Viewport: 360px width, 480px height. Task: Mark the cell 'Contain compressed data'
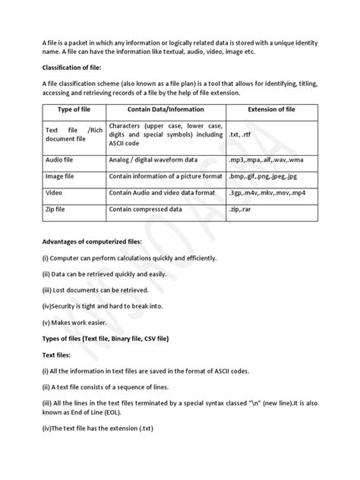click(149, 209)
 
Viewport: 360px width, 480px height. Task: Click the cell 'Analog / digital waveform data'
click(153, 159)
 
